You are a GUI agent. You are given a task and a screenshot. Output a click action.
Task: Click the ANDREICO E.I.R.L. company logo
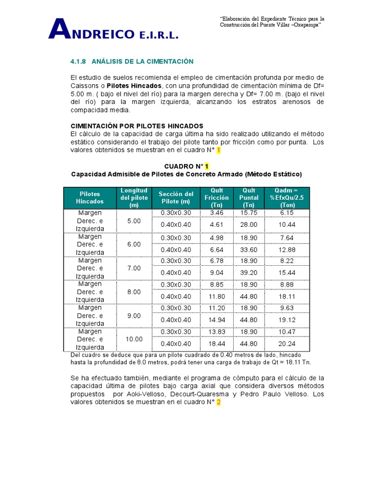coord(114,30)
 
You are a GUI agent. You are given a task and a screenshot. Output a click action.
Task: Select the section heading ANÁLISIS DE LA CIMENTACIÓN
coord(142,62)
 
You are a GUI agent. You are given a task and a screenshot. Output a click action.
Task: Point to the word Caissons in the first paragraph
coord(85,86)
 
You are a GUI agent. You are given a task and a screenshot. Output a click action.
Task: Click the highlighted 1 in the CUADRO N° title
coord(207,166)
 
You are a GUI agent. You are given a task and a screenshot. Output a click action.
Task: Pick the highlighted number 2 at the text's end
coord(218,402)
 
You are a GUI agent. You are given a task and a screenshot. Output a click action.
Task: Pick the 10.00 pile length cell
coord(134,339)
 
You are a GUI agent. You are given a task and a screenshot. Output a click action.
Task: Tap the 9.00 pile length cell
coord(134,315)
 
